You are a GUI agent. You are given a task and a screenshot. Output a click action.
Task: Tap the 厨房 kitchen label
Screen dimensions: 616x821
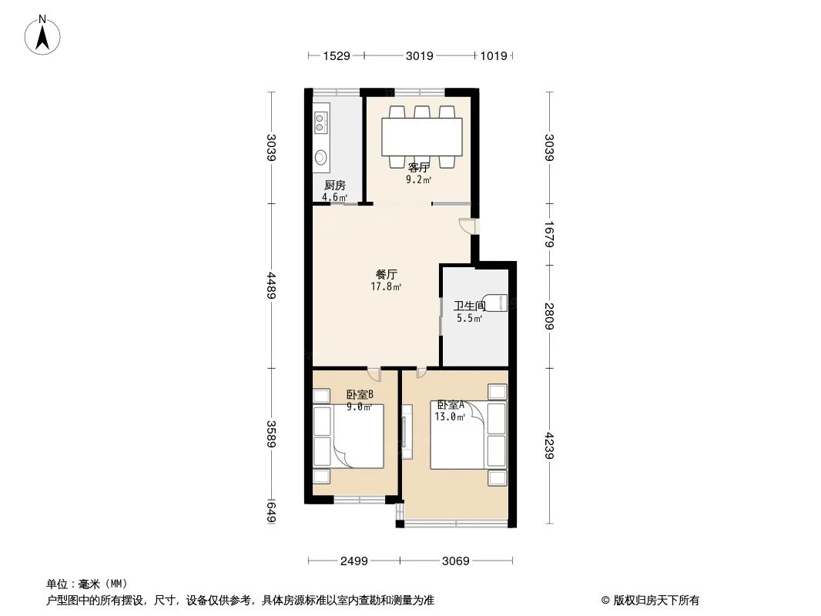(x=334, y=191)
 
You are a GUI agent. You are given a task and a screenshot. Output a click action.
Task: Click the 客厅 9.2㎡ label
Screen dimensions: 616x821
(x=418, y=173)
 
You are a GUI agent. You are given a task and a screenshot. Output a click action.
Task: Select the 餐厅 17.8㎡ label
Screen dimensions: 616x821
(x=386, y=280)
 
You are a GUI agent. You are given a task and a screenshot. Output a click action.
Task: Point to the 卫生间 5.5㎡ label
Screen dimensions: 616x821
(x=468, y=312)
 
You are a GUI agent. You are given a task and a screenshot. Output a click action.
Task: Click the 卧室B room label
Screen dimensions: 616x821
(x=359, y=400)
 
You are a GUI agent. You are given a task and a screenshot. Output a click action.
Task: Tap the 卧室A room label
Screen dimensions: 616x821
(x=451, y=410)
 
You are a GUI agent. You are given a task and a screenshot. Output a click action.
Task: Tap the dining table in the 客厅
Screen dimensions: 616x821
(x=422, y=136)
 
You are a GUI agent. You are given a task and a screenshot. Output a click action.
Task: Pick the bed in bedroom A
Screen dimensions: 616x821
(x=459, y=435)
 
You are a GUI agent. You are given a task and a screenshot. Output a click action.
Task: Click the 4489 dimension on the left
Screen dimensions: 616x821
(x=271, y=286)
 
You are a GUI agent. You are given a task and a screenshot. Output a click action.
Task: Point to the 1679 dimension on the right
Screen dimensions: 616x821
(x=548, y=233)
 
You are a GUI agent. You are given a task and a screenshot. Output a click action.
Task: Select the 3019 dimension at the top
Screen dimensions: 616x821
(x=419, y=55)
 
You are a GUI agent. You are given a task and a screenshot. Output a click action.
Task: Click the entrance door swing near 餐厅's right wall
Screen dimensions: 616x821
(x=467, y=226)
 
